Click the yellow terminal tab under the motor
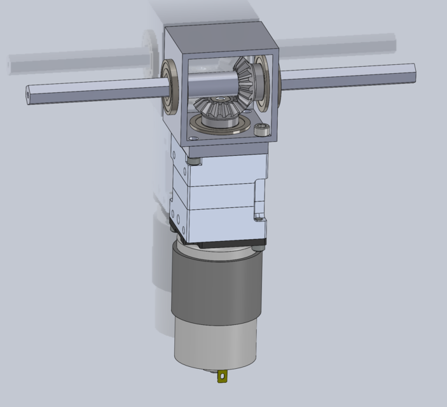coord(222,377)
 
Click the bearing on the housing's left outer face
coord(170,86)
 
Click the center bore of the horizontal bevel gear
coord(220,100)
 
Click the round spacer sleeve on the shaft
coord(210,84)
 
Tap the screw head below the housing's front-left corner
coord(195,162)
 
